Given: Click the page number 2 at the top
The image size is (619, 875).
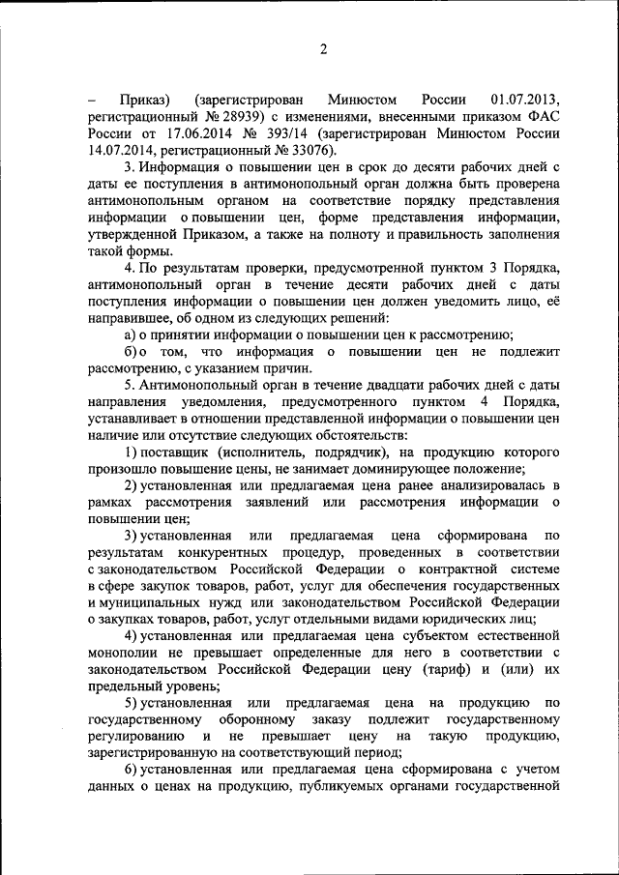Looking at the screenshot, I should [x=324, y=49].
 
